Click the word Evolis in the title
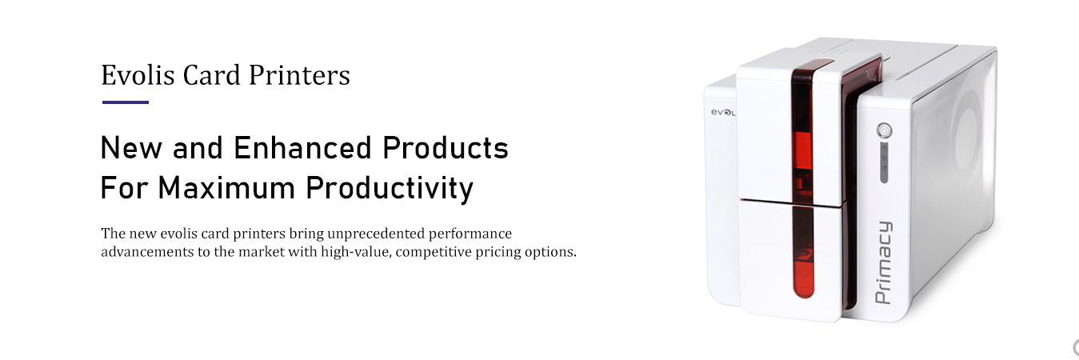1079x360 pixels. [x=138, y=75]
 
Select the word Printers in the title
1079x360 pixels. [x=300, y=75]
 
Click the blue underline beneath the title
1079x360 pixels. [x=126, y=102]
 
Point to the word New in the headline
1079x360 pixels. [x=131, y=148]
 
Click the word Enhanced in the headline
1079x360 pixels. [x=303, y=148]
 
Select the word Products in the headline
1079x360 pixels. [x=446, y=148]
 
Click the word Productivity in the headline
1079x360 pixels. [x=390, y=189]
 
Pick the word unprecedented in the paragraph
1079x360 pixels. [x=376, y=234]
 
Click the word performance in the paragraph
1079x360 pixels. [x=470, y=234]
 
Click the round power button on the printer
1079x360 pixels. [x=885, y=130]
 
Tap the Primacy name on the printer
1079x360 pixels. [x=884, y=262]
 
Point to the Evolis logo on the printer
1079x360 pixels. [x=723, y=112]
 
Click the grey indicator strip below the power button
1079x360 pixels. [x=885, y=162]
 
